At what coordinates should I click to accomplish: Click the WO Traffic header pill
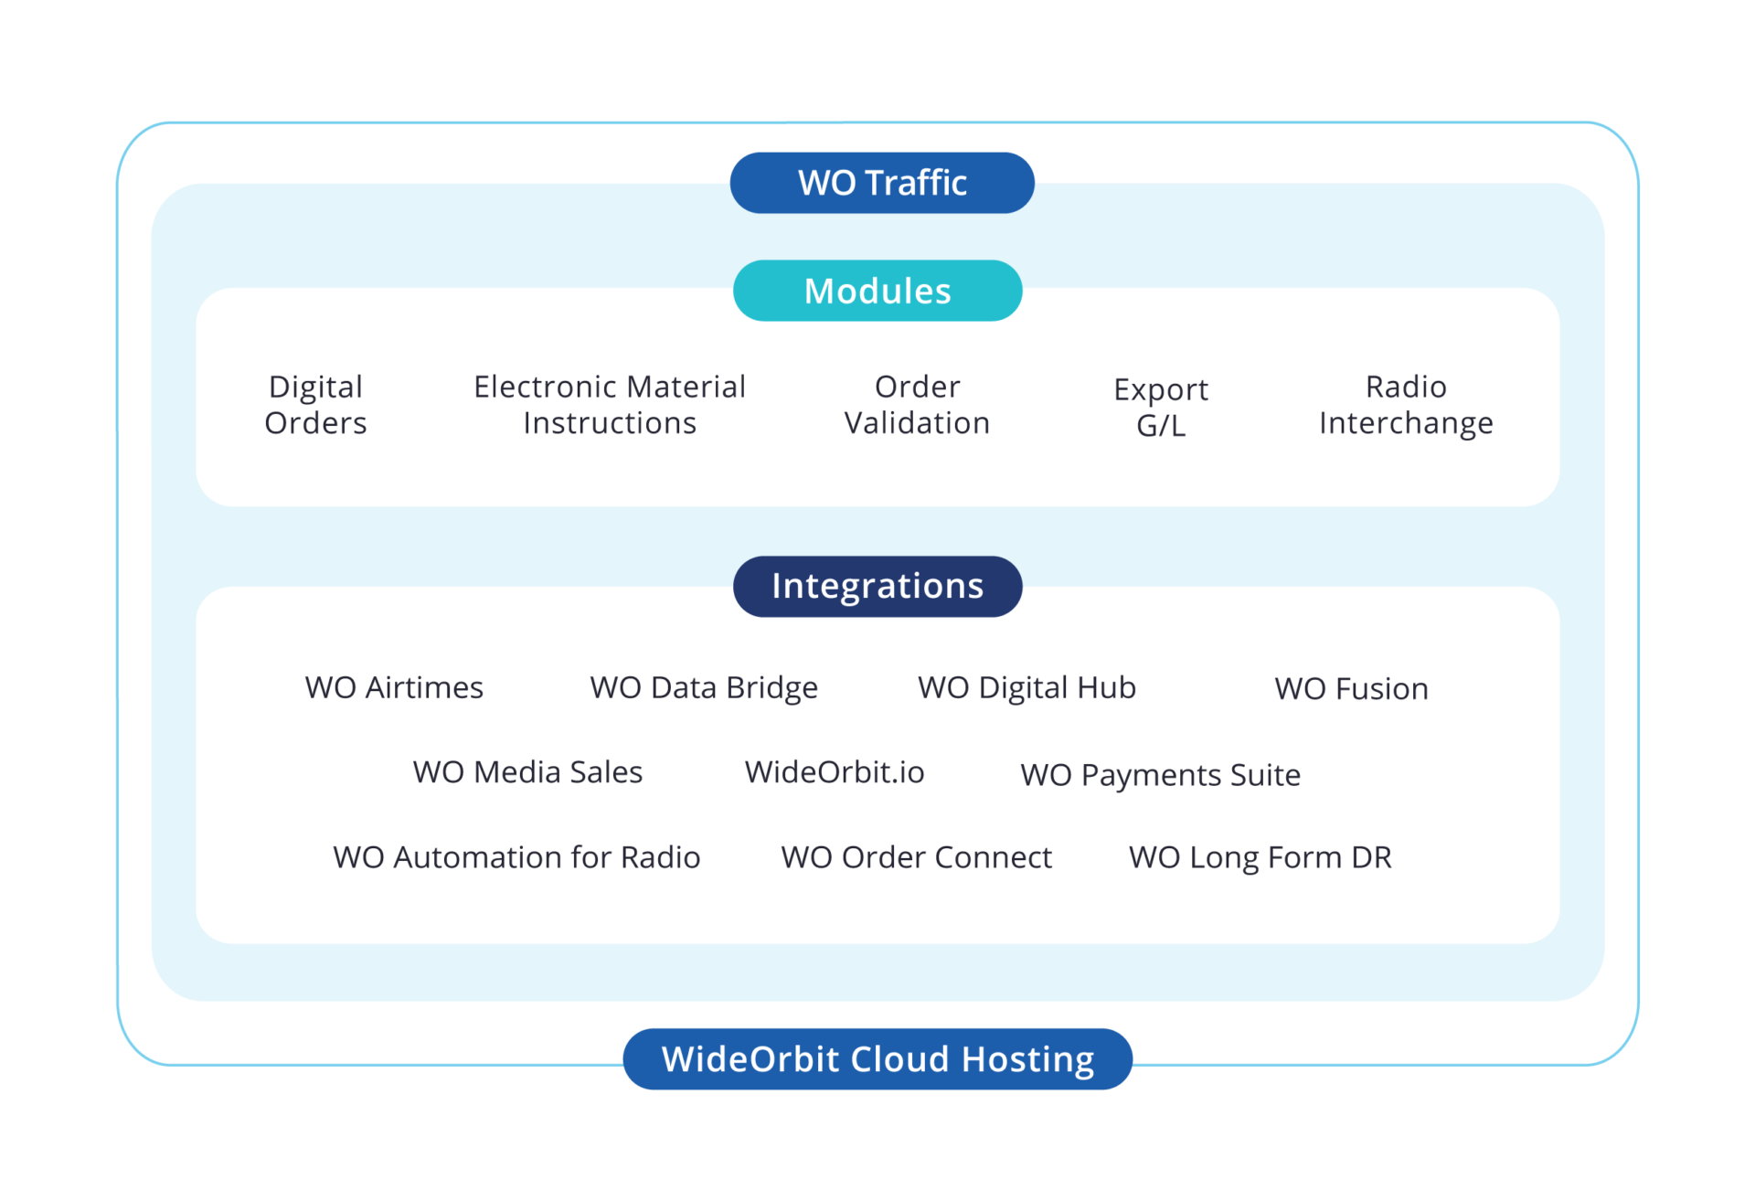click(882, 183)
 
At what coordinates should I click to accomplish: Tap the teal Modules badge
click(877, 291)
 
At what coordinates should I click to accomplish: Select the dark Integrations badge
click(877, 586)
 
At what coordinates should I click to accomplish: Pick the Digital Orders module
click(315, 405)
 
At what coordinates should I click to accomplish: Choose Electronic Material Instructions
click(610, 405)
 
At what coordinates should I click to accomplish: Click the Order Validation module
click(917, 405)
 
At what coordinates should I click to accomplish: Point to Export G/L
click(1161, 408)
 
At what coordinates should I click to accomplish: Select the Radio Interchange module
click(1406, 405)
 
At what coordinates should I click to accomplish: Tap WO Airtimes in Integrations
click(394, 687)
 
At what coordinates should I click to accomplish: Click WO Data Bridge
click(704, 687)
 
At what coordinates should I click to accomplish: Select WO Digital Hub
click(1026, 687)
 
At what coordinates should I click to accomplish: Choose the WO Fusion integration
click(1351, 688)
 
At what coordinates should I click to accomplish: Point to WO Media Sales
click(527, 772)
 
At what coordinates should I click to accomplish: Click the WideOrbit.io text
click(835, 772)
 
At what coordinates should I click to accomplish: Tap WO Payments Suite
click(1160, 775)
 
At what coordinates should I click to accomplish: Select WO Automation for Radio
click(516, 857)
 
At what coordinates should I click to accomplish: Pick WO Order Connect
click(916, 857)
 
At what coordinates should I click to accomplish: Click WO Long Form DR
click(1260, 857)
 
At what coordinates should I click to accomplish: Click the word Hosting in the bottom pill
click(1027, 1059)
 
